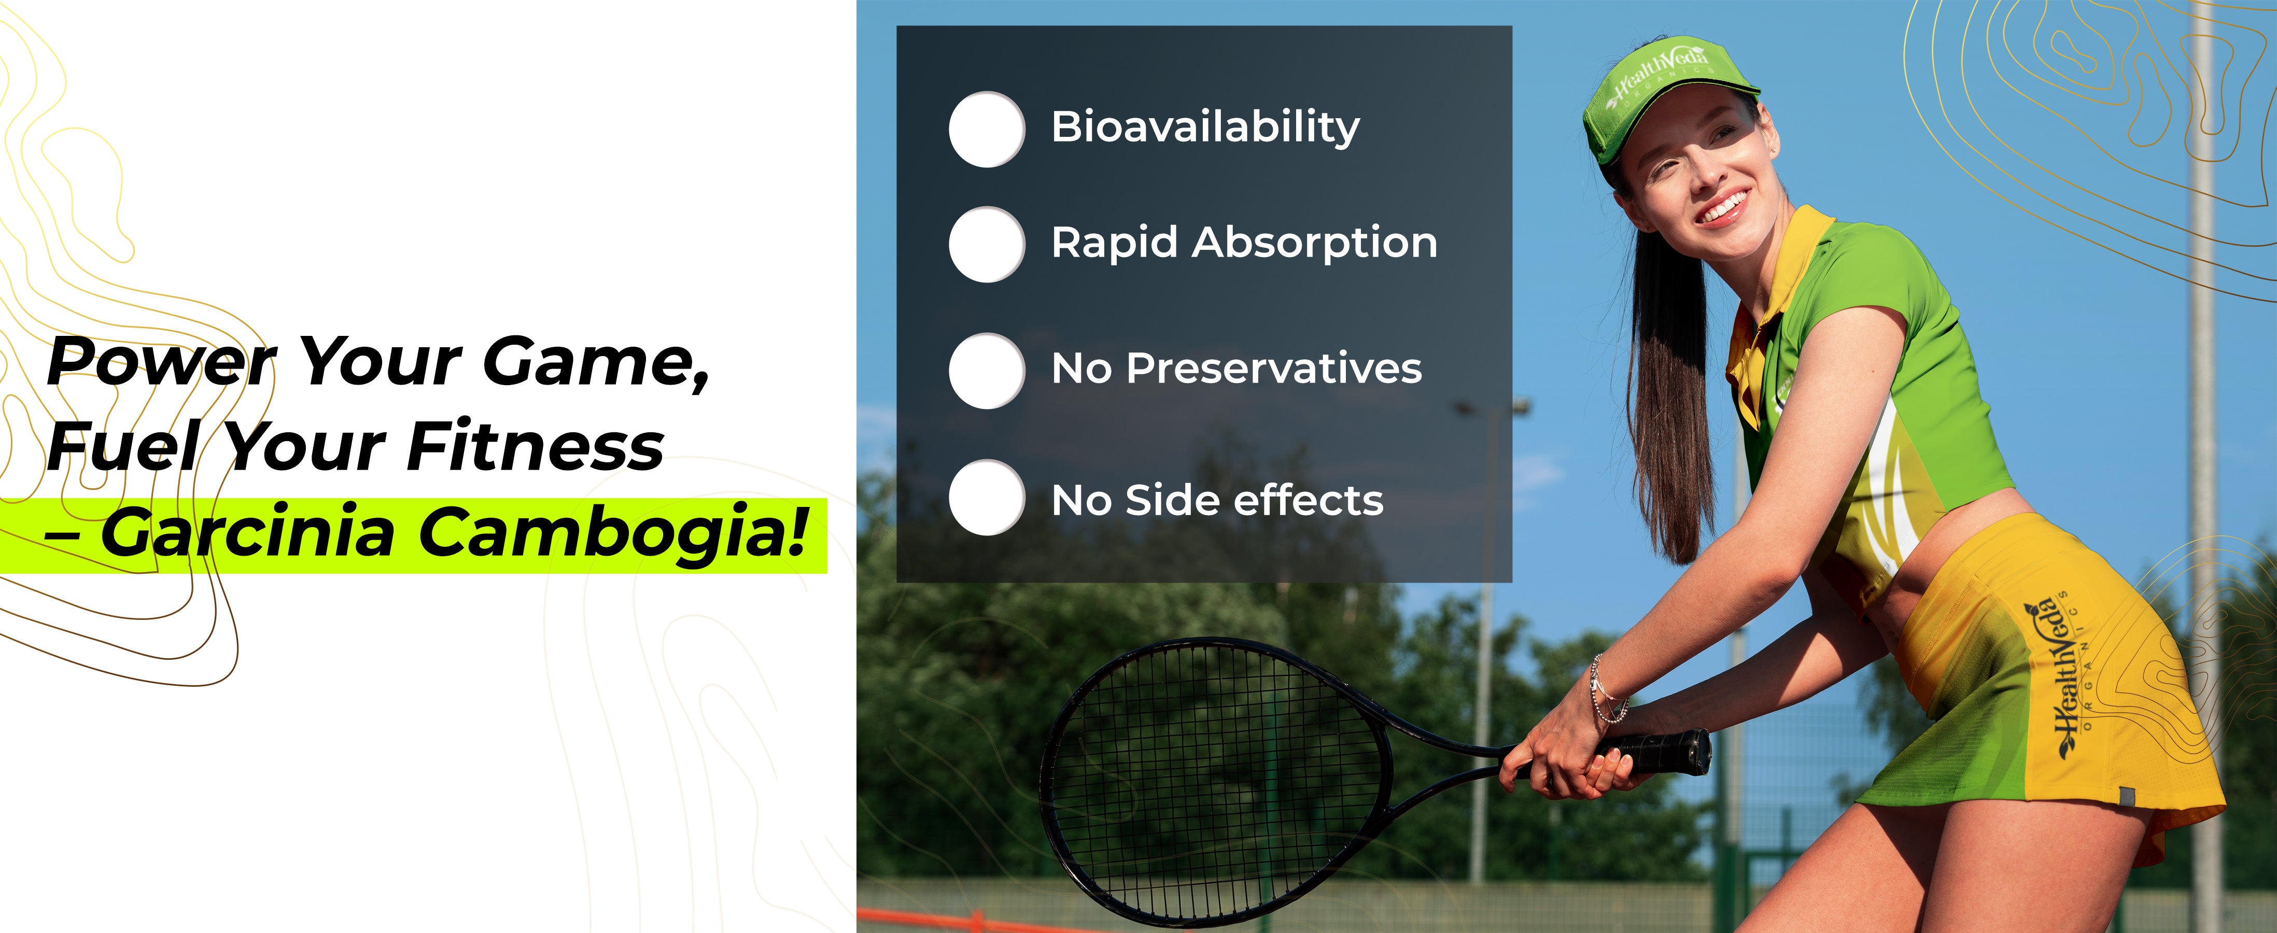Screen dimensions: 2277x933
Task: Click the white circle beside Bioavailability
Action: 987,129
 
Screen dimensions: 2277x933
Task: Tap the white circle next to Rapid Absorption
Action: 987,244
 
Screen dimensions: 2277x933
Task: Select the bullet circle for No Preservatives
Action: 987,370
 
